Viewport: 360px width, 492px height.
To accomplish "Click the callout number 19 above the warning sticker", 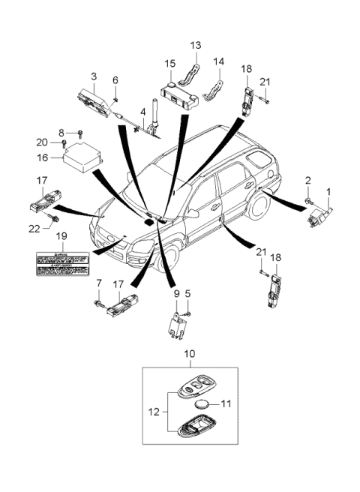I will click(63, 236).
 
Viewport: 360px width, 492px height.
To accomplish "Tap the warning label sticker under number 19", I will click(63, 260).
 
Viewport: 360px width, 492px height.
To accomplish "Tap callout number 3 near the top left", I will click(94, 76).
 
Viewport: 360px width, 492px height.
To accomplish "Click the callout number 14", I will click(220, 61).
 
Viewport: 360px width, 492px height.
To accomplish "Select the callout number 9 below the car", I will click(177, 294).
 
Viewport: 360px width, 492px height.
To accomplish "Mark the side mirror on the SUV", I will click(193, 214).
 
